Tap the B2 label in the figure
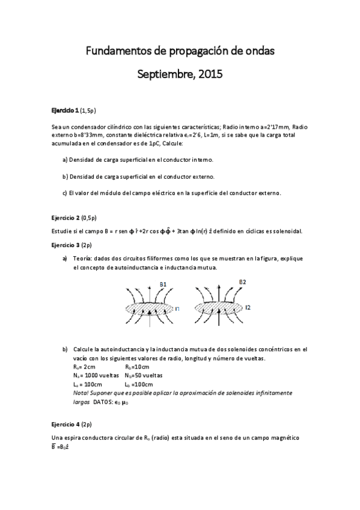(242, 281)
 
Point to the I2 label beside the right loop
(248, 307)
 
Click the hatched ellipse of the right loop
(219, 308)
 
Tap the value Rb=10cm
(136, 367)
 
